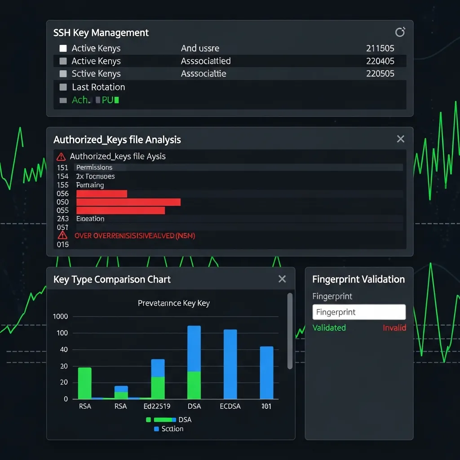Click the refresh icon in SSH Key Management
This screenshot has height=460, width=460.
pos(399,32)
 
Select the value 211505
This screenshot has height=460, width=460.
pos(380,48)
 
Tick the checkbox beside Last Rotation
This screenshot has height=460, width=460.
pos(63,87)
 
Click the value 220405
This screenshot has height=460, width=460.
pos(380,61)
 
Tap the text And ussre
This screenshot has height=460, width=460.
pos(200,48)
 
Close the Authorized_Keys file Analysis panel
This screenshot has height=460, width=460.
pos(400,139)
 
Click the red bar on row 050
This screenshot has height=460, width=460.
pos(128,202)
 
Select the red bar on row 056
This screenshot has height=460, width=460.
pos(102,194)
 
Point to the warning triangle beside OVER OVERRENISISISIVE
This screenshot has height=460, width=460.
pos(62,235)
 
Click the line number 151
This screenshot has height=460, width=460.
pos(62,168)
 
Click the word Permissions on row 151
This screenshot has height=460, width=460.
pos(94,168)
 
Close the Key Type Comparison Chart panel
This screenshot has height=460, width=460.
pos(282,279)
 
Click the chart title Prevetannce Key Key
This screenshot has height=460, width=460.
pos(173,303)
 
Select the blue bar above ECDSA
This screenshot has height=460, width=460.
pos(230,364)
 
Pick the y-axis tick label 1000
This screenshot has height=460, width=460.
pos(60,316)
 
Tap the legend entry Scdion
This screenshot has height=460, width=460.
pos(172,429)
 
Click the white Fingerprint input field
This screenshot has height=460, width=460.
pos(358,312)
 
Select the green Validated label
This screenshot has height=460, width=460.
pos(329,327)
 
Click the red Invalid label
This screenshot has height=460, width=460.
pos(394,327)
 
